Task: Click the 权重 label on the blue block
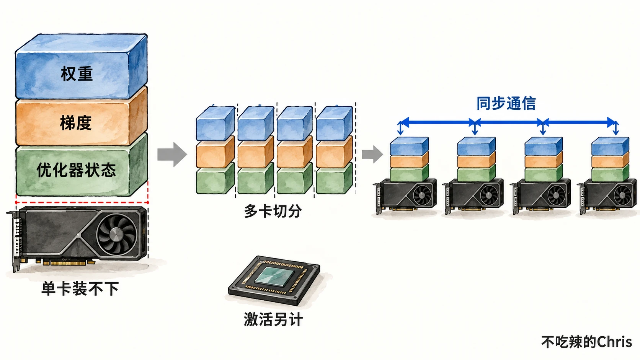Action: click(x=77, y=74)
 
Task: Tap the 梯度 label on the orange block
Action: click(x=76, y=123)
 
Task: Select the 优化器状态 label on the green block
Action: click(x=76, y=170)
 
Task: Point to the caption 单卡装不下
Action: click(x=80, y=288)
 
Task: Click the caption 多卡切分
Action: click(x=273, y=211)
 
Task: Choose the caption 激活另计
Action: click(x=273, y=319)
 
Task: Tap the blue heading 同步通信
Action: click(x=506, y=103)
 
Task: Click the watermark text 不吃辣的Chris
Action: click(x=586, y=342)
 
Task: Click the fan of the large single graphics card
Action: click(x=117, y=234)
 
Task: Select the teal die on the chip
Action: click(x=274, y=276)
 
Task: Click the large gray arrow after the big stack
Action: click(x=172, y=155)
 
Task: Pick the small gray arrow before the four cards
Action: click(x=372, y=154)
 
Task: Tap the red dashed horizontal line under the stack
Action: click(x=82, y=202)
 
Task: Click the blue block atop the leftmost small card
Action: click(x=409, y=146)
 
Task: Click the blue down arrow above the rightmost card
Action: click(x=616, y=129)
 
